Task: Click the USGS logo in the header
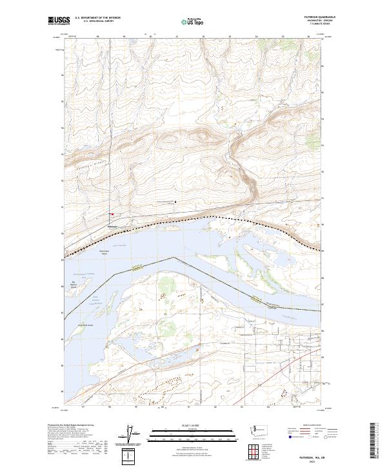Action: tap(59, 20)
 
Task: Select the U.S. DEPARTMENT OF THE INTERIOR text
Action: tap(97, 17)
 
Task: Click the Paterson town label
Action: tap(112, 226)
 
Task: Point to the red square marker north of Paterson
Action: tap(112, 214)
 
